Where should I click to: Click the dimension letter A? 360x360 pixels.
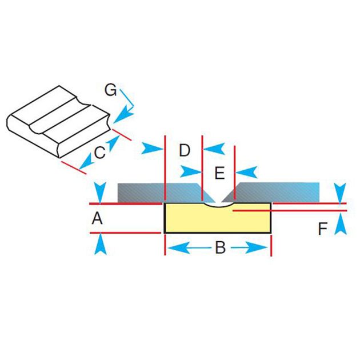coord(98,218)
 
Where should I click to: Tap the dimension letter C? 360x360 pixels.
coord(99,153)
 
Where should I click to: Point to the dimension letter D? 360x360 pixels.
coord(183,150)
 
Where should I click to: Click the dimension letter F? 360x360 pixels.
coord(323,229)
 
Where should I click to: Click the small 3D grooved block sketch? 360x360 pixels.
coord(57,121)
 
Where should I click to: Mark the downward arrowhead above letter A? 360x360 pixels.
coord(100,191)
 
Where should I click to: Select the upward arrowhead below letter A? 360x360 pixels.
coord(100,245)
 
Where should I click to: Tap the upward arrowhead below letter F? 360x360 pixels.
coord(341,223)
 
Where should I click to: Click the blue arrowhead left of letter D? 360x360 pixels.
coord(153,149)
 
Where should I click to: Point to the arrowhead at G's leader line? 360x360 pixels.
coord(122,117)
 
